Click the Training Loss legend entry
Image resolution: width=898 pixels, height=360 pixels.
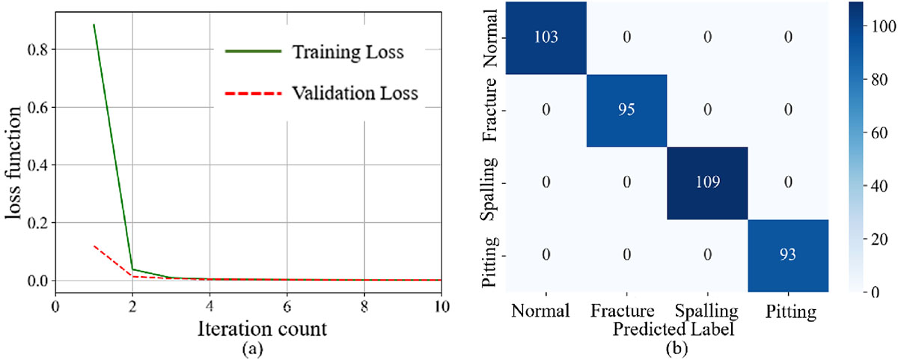[315, 52]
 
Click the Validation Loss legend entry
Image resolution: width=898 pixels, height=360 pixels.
[322, 94]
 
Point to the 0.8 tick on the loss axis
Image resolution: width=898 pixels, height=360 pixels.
[37, 49]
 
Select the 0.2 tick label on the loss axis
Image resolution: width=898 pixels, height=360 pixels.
[37, 223]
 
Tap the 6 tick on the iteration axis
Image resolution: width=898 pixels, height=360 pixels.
[287, 307]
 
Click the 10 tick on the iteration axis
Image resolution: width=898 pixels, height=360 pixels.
[442, 307]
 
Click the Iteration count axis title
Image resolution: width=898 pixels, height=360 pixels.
[262, 329]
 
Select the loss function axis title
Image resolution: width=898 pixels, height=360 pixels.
[13, 163]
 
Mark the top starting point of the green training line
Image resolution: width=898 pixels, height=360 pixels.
[94, 25]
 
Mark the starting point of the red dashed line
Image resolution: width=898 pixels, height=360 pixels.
[94, 245]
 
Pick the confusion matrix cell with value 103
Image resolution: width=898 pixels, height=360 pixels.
[546, 37]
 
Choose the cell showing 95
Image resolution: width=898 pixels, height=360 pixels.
[626, 110]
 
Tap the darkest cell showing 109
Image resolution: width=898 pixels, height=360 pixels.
[708, 183]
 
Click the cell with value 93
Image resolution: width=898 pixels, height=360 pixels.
[788, 256]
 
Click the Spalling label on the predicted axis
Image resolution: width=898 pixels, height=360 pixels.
[706, 312]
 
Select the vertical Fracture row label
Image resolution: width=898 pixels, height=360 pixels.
[489, 110]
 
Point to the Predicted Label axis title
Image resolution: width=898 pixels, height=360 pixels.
[673, 329]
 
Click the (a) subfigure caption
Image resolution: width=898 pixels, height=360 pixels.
[253, 348]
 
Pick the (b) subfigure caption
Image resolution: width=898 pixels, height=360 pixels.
[676, 348]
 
